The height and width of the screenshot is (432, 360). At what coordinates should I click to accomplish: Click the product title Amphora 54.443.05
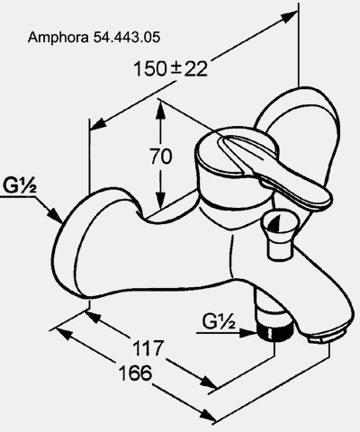coord(94,38)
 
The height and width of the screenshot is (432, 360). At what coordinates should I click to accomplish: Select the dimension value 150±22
coord(170,68)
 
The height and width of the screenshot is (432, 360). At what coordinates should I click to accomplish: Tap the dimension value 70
coord(161,157)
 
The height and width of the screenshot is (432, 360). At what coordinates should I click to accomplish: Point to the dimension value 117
coord(148,348)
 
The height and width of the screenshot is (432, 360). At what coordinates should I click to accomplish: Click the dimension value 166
coord(136,373)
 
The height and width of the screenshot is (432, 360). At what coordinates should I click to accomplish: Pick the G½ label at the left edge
coord(20,185)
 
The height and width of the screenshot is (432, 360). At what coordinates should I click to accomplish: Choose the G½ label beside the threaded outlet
coord(219,321)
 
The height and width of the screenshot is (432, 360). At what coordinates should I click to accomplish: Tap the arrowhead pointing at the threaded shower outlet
coord(249,332)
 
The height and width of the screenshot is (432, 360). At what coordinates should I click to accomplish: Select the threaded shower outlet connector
coord(274,331)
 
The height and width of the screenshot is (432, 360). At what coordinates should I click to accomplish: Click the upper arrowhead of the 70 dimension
coord(160,110)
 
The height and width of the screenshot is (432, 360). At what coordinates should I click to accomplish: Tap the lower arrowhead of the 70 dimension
coord(160,198)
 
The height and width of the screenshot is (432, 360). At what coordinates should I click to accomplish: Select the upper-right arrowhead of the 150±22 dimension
coord(289,16)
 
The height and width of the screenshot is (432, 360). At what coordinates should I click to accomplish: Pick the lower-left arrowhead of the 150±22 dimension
coord(98,124)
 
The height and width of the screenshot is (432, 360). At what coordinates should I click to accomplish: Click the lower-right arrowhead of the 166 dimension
coord(208,416)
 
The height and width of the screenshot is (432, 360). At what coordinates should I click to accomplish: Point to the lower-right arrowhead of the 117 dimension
coord(208,382)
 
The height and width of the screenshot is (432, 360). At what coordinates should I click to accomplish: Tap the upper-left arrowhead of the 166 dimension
coord(64,333)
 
